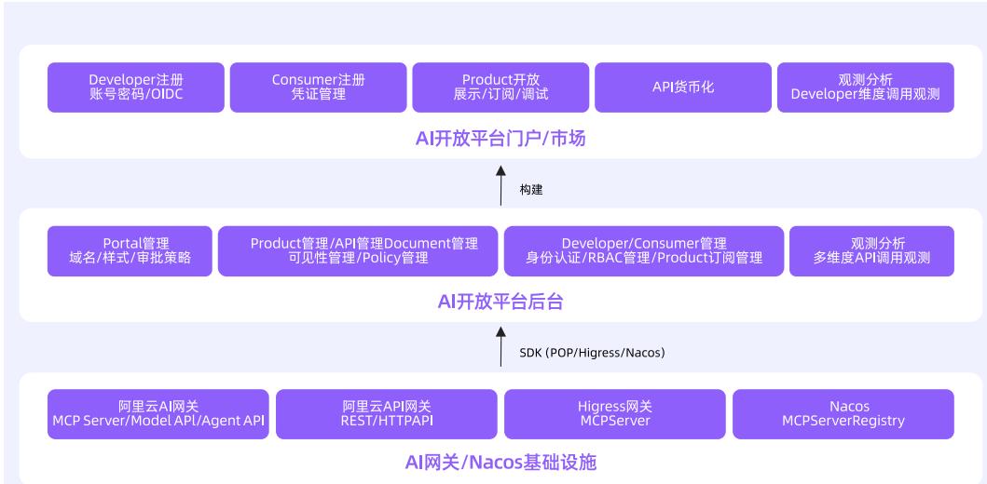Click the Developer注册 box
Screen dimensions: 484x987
pos(136,87)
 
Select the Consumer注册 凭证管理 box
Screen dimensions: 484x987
pos(318,87)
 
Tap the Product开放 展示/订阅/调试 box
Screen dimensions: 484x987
pos(500,87)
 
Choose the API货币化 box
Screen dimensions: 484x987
pos(682,87)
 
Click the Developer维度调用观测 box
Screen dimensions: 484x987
pos(865,87)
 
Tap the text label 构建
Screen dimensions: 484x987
pos(531,190)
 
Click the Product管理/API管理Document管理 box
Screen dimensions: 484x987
pos(357,251)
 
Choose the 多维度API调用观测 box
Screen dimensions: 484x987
pos(871,251)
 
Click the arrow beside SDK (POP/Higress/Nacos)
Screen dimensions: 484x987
pos(501,345)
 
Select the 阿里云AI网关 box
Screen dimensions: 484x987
pos(158,414)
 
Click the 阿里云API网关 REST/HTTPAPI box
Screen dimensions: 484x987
pos(386,414)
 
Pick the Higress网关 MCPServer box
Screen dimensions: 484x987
pos(614,414)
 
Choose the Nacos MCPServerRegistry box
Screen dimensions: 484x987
pos(843,414)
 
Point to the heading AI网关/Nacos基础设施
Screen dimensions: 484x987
pos(500,463)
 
